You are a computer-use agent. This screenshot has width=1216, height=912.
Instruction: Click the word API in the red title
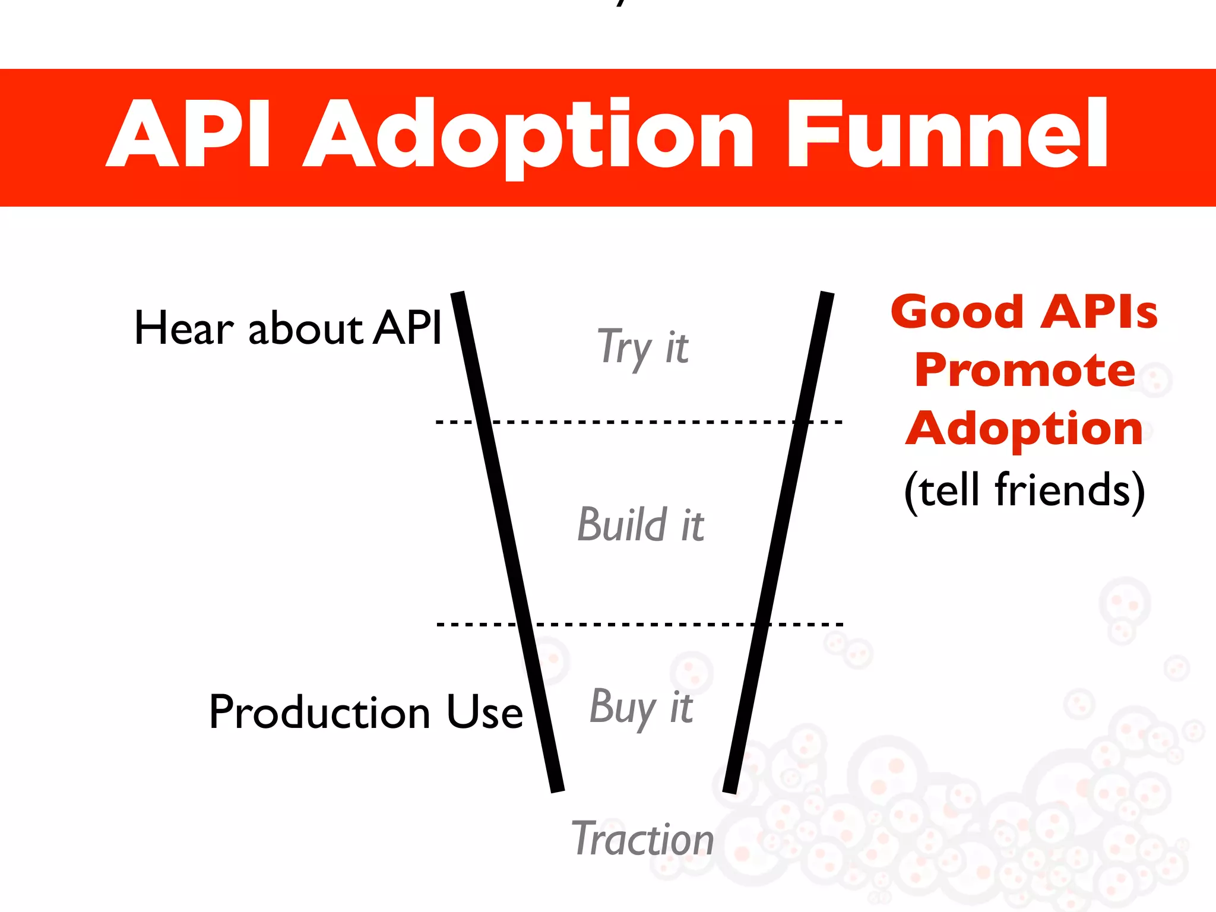click(189, 134)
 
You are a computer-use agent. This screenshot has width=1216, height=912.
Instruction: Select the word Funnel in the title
click(946, 134)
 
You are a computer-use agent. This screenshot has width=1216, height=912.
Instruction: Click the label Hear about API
click(288, 328)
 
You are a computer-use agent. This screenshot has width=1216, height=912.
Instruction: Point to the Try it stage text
click(642, 347)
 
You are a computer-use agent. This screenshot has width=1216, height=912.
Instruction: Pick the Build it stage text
click(641, 525)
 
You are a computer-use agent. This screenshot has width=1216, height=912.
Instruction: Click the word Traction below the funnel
click(642, 839)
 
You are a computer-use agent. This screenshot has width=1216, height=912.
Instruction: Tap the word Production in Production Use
click(320, 712)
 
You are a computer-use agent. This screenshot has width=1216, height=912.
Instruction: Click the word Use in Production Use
click(484, 712)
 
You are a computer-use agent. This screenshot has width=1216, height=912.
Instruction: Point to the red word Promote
click(1025, 370)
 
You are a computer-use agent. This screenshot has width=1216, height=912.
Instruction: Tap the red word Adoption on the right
click(1025, 428)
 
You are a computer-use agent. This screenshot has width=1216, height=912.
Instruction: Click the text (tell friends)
click(1025, 490)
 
